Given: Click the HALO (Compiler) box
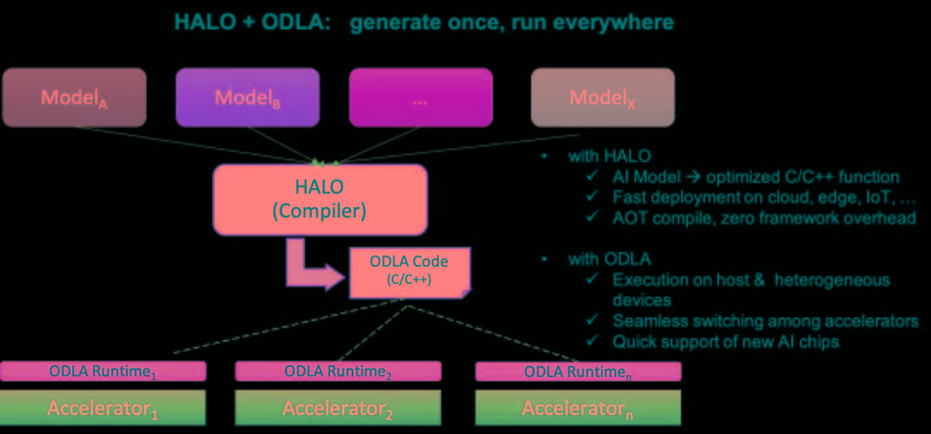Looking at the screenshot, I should [x=320, y=198].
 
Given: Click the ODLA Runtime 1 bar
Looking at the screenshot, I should [x=103, y=372].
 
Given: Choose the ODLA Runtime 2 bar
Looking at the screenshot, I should [x=338, y=372].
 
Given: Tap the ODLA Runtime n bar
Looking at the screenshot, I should [x=578, y=372].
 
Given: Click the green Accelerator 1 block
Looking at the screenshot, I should [x=103, y=406].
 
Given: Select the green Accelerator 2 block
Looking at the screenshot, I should [x=338, y=406].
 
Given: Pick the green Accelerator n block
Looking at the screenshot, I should [x=578, y=406].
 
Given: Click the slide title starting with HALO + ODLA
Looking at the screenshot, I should [x=423, y=22].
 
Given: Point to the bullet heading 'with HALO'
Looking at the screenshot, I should [x=609, y=156].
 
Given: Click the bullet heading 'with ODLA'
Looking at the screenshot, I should [x=609, y=259].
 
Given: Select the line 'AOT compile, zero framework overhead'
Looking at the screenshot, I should [x=764, y=218].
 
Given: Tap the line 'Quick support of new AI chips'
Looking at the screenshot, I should [x=725, y=342].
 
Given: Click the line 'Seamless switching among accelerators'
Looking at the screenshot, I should [x=765, y=321].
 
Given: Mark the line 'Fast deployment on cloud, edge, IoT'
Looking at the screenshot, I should [x=755, y=198].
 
